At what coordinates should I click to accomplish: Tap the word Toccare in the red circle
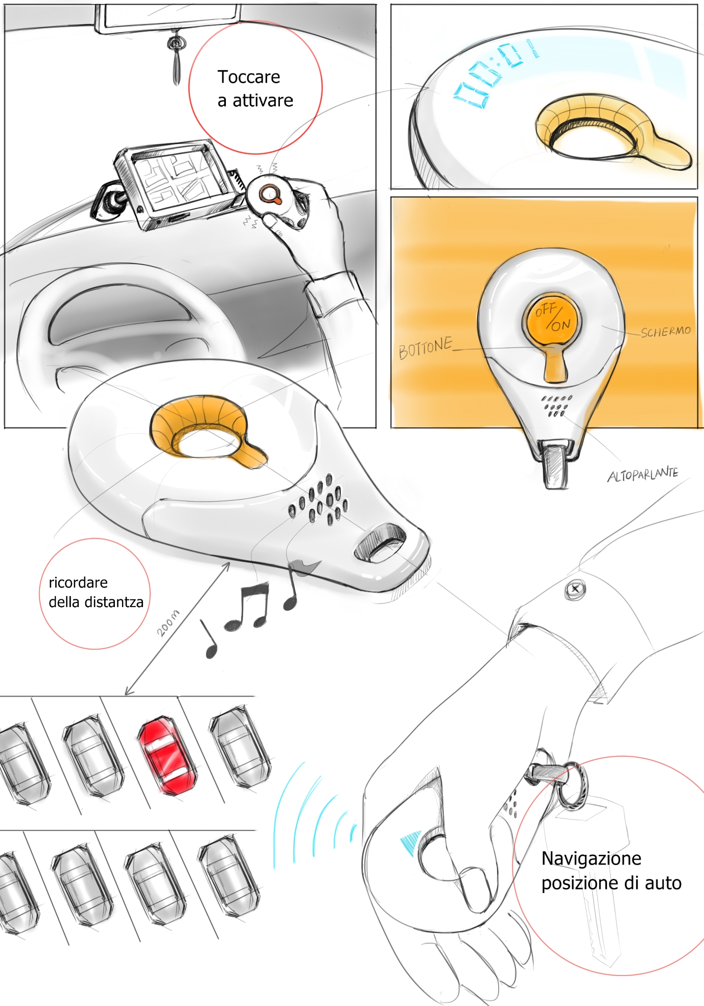[x=249, y=77]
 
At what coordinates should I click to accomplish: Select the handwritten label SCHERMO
[x=666, y=332]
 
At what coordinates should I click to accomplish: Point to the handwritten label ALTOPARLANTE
[x=643, y=475]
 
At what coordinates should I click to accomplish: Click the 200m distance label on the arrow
[x=168, y=623]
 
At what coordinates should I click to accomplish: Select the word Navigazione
[x=591, y=859]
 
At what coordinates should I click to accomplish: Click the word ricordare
[x=78, y=582]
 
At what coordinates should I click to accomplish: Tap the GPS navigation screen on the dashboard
[x=176, y=181]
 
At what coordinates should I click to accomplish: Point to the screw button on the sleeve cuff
[x=575, y=589]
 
